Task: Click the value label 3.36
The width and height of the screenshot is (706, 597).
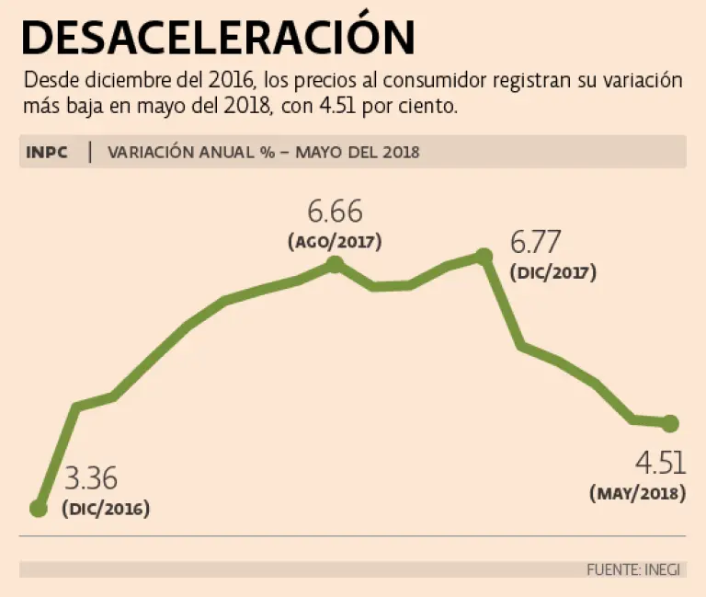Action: (91, 480)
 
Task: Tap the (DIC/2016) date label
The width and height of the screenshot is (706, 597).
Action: (106, 509)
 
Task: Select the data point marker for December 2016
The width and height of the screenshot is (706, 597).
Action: (39, 508)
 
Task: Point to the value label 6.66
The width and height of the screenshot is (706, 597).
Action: (335, 213)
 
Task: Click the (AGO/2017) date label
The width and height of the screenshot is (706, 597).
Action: (335, 243)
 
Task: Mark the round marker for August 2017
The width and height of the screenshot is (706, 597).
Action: (335, 265)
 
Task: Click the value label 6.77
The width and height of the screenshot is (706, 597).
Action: (538, 244)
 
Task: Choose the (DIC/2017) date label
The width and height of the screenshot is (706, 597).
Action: (552, 273)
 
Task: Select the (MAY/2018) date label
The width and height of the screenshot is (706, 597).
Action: (637, 493)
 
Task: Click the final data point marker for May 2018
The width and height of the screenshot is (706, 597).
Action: (670, 423)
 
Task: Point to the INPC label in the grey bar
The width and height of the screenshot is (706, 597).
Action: (48, 153)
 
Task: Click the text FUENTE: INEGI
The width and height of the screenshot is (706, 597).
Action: (633, 569)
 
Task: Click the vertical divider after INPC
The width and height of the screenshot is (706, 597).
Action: (90, 153)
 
